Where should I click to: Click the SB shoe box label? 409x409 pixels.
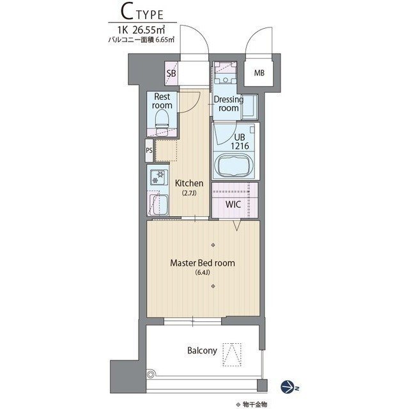pos(171,73)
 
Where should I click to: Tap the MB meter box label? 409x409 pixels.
pos(259,73)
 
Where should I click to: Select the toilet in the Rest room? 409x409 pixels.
pos(162,122)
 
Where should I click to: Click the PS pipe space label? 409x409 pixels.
pos(149,151)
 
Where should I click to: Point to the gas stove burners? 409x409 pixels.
pos(158,178)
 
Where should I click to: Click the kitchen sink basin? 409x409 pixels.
pos(160,204)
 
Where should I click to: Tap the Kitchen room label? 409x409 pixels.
pos(189,183)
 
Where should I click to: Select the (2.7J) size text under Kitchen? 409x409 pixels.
pos(189,193)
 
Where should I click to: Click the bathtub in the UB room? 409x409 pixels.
pos(233,166)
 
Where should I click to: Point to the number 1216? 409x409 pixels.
pos(240,146)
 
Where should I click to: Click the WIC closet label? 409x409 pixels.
pos(233,204)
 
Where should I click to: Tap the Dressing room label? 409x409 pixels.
pos(229,104)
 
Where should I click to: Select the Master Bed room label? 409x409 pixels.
pos(203,263)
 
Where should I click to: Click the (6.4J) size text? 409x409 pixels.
pos(203,273)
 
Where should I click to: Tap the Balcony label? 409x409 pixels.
pos(202,351)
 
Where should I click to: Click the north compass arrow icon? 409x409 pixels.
pos(288,387)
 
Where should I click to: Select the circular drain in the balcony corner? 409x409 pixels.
pos(151,375)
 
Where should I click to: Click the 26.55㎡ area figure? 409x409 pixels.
pos(149,30)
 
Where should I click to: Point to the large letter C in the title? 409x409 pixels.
pos(127,12)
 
